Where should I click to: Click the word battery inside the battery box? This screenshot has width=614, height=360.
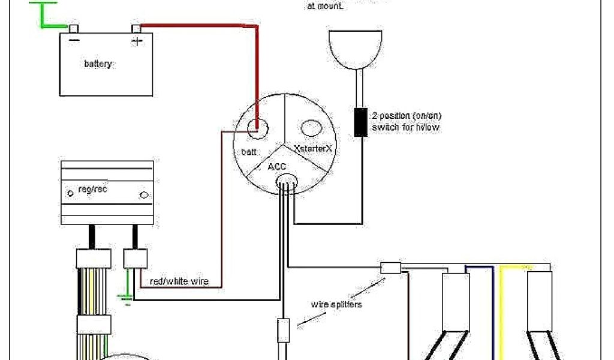(x=98, y=64)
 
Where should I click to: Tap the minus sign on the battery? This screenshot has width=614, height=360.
(x=74, y=41)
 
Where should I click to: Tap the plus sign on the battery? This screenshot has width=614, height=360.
(x=137, y=41)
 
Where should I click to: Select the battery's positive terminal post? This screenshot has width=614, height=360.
(x=137, y=28)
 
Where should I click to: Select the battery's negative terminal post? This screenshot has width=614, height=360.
(x=74, y=28)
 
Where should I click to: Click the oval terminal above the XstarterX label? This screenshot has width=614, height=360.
(x=311, y=127)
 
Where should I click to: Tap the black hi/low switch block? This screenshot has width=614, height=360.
(x=361, y=122)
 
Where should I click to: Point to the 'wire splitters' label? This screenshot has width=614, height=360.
(x=336, y=304)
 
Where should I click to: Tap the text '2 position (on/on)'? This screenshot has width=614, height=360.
(x=407, y=116)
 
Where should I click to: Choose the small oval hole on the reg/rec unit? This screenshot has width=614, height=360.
(x=144, y=195)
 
